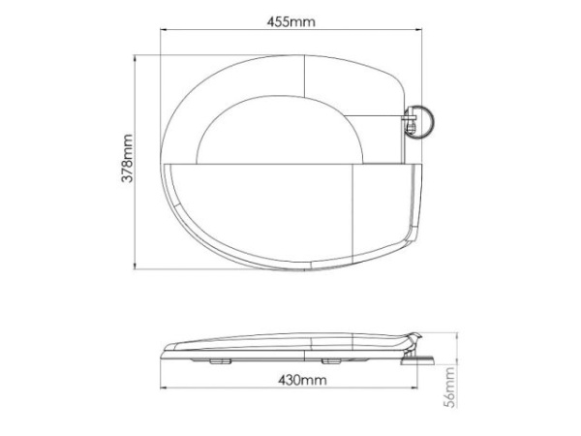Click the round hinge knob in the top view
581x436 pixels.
pyautogui.click(x=419, y=122)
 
